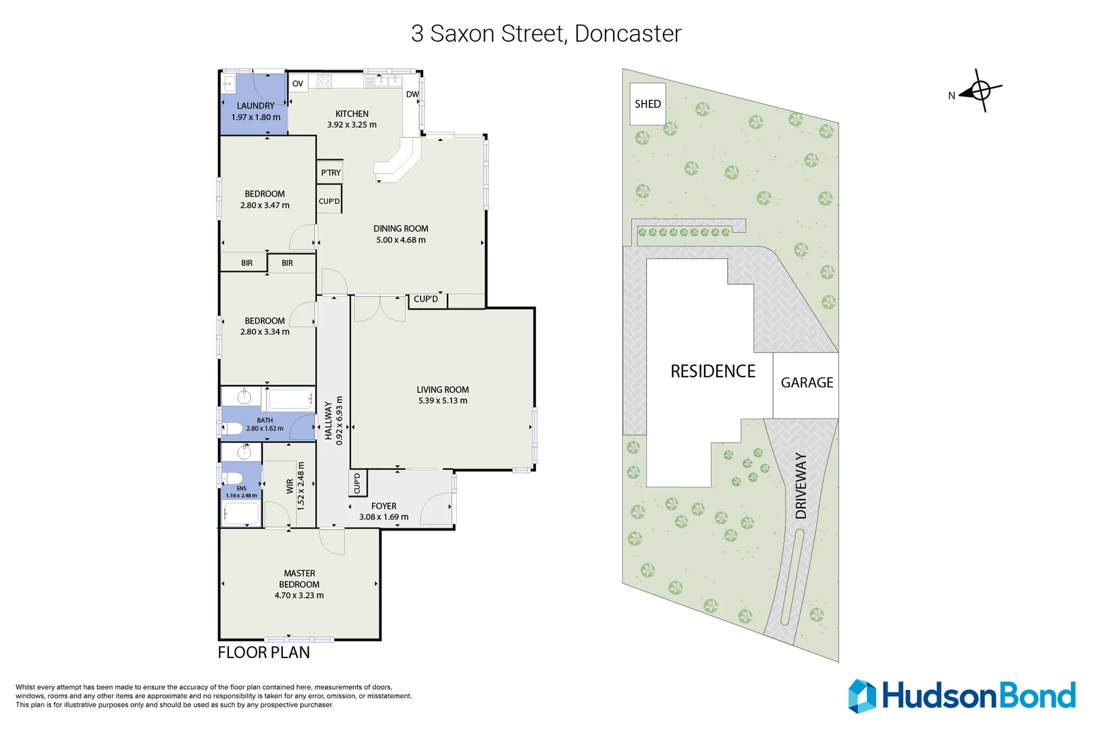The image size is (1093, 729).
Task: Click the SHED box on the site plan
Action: click(647, 103)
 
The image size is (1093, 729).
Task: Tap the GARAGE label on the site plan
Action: click(807, 383)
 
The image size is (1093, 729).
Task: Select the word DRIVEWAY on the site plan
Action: click(801, 486)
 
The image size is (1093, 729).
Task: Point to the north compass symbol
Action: click(980, 90)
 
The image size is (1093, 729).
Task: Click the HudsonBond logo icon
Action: click(862, 696)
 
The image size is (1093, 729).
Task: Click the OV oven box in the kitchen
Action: click(298, 84)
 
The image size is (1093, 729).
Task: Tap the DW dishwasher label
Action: click(412, 94)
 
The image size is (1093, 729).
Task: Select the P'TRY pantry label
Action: click(331, 173)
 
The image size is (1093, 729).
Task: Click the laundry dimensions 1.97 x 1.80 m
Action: click(256, 117)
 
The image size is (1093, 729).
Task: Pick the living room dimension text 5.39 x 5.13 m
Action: click(442, 401)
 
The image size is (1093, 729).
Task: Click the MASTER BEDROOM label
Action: click(299, 578)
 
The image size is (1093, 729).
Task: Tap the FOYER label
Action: click(383, 506)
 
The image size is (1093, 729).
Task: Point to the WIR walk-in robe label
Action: click(290, 486)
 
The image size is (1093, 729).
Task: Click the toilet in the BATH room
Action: click(233, 428)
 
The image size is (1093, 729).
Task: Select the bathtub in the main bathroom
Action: click(289, 399)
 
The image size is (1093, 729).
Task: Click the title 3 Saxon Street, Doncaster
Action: click(546, 34)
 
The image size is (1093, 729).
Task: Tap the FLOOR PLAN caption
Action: click(264, 653)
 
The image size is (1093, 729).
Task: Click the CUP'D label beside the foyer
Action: click(357, 483)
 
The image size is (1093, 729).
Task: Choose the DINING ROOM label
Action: click(400, 229)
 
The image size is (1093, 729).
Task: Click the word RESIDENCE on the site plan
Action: click(713, 371)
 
